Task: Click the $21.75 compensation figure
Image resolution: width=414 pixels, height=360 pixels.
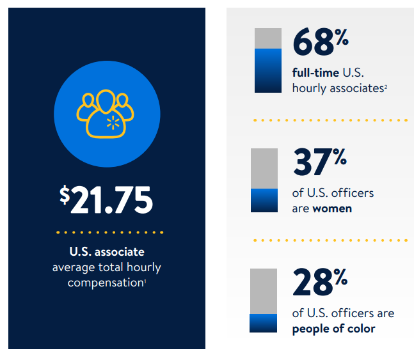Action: point(107,200)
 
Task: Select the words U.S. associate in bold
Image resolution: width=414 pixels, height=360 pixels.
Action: point(107,252)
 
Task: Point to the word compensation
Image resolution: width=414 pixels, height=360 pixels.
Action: point(104,282)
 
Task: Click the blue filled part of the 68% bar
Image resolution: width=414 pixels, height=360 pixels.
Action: point(268,71)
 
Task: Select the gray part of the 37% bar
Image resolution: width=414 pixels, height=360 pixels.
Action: point(264,168)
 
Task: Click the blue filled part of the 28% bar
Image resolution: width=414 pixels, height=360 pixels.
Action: point(264,324)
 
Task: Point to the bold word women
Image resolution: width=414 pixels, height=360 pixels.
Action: point(332,208)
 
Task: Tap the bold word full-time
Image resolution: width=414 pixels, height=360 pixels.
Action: point(315,72)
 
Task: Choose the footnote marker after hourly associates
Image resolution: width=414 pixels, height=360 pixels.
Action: point(386,86)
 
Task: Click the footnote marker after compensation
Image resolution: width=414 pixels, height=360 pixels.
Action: point(145,280)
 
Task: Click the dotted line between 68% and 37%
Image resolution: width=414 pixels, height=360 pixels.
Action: point(330,120)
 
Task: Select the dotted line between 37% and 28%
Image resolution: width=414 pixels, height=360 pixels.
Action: point(330,240)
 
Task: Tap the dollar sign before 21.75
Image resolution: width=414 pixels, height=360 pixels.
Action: point(65,194)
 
